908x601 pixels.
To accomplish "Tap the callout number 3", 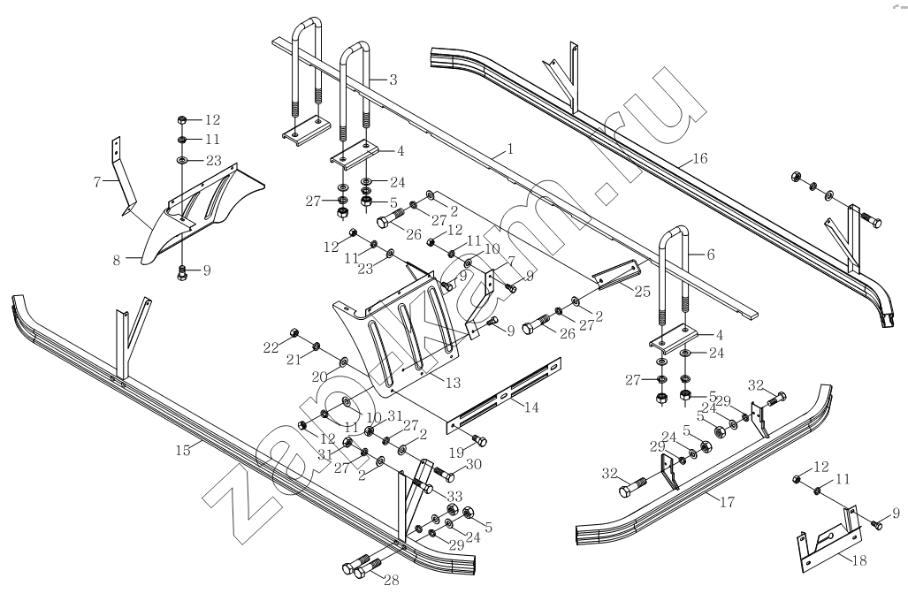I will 392,80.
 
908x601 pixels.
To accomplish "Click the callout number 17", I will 728,501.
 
